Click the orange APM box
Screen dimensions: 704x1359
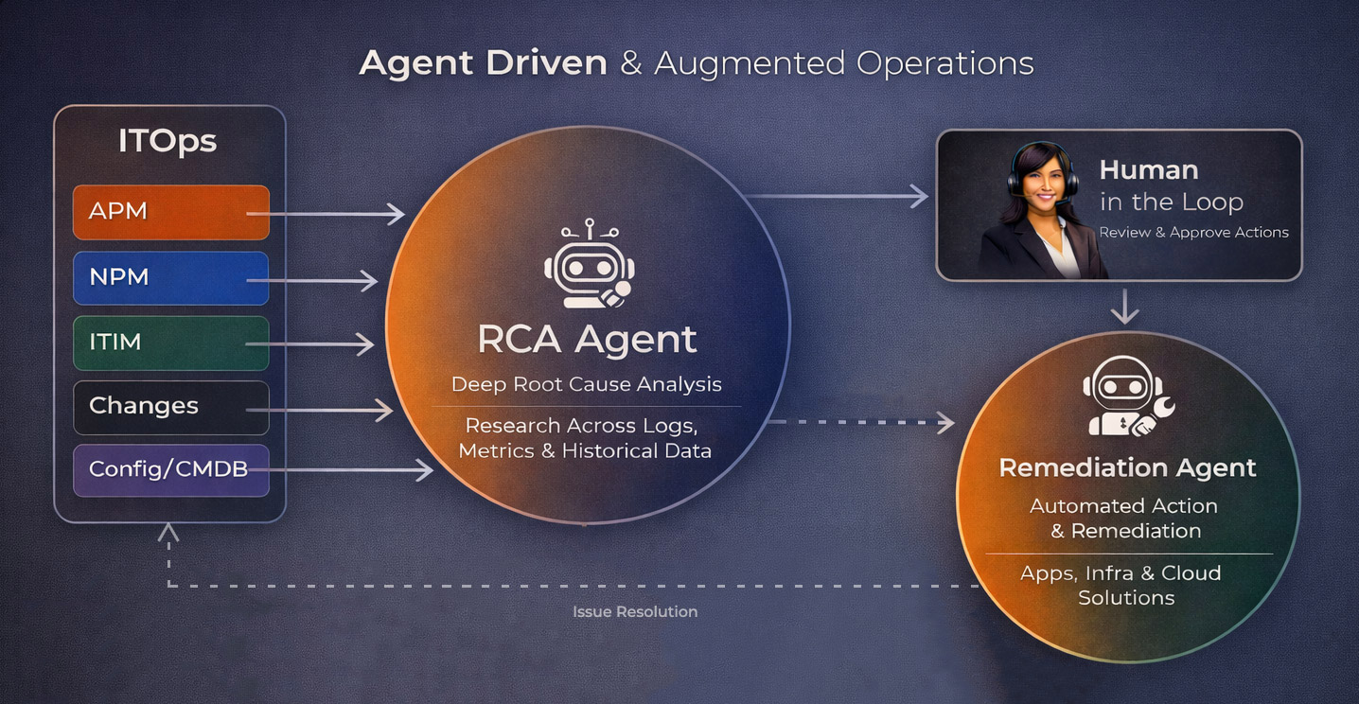coord(170,212)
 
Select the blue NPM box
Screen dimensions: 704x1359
coord(170,278)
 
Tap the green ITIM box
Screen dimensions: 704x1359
coord(170,343)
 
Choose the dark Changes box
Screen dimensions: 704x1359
coord(170,407)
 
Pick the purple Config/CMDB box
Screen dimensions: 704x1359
coord(170,469)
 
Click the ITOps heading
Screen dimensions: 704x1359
coord(168,142)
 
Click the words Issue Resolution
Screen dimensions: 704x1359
coord(635,612)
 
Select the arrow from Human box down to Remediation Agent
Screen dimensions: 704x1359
coord(1124,307)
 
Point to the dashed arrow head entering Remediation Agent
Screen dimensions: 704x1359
coord(945,422)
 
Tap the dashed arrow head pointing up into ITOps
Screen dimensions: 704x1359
coord(168,533)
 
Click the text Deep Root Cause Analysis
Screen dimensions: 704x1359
coord(587,384)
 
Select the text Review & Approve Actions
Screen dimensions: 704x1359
coord(1193,233)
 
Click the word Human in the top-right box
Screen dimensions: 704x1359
coord(1148,170)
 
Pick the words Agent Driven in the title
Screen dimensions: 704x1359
coord(483,63)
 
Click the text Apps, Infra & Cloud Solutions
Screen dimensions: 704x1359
coord(1126,586)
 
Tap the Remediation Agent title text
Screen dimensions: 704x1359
coord(1127,467)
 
